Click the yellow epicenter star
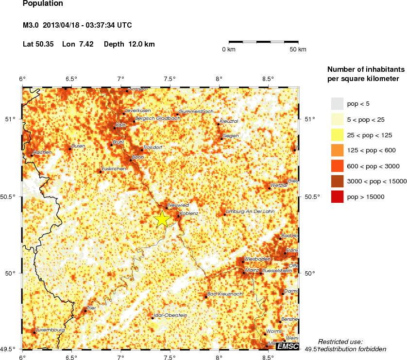pos(162,219)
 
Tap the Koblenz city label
pos(188,213)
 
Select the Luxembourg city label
pos(50,330)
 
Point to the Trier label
pos(91,308)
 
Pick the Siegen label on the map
pos(231,136)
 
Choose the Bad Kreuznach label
pos(224,294)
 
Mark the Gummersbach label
pos(196,112)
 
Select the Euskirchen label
pos(114,168)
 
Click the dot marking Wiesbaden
pos(243,262)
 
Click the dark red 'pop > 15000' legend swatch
pos(337,197)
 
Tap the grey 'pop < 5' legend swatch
pos(337,104)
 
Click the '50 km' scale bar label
pos(298,49)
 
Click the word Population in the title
pos(43,3)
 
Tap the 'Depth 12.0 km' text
pos(129,44)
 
